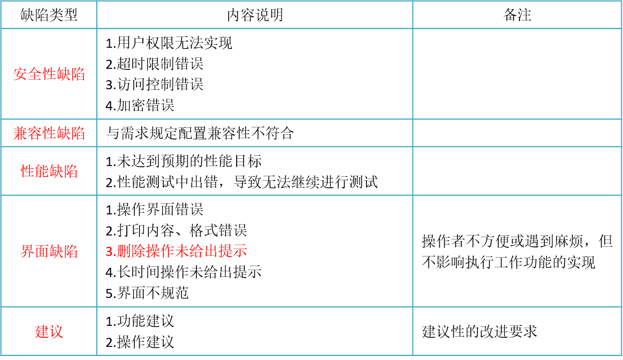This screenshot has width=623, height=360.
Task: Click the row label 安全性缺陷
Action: pyautogui.click(x=49, y=74)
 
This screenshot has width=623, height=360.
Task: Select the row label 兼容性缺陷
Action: pyautogui.click(x=49, y=133)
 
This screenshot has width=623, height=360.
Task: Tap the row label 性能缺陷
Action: pyautogui.click(x=49, y=171)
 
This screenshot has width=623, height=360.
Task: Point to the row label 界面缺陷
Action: pyautogui.click(x=49, y=251)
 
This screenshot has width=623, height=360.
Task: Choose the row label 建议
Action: pyautogui.click(x=49, y=332)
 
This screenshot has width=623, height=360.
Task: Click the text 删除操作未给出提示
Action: pyautogui.click(x=181, y=251)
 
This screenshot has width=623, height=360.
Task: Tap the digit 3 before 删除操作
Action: pyautogui.click(x=108, y=251)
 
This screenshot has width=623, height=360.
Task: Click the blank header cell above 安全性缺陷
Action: pyautogui.click(x=49, y=15)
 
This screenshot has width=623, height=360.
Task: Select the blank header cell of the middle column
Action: pyautogui.click(x=254, y=15)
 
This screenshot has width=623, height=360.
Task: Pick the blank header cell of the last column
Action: pyautogui.click(x=517, y=15)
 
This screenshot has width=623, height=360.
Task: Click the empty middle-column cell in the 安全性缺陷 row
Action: pyautogui.click(x=254, y=74)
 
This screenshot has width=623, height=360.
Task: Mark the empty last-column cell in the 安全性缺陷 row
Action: pyautogui.click(x=517, y=74)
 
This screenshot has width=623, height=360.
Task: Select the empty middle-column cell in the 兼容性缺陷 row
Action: pyautogui.click(x=254, y=133)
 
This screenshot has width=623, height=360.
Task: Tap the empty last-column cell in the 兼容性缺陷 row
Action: pyautogui.click(x=517, y=133)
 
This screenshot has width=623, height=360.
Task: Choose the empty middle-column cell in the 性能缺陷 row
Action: pyautogui.click(x=254, y=171)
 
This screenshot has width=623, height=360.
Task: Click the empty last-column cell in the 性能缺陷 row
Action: pyautogui.click(x=517, y=171)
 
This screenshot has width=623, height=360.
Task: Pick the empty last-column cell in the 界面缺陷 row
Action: pyautogui.click(x=517, y=251)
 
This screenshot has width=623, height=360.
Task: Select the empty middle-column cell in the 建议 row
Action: pyautogui.click(x=254, y=332)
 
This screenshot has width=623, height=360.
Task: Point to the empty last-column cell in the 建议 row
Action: pyautogui.click(x=517, y=332)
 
